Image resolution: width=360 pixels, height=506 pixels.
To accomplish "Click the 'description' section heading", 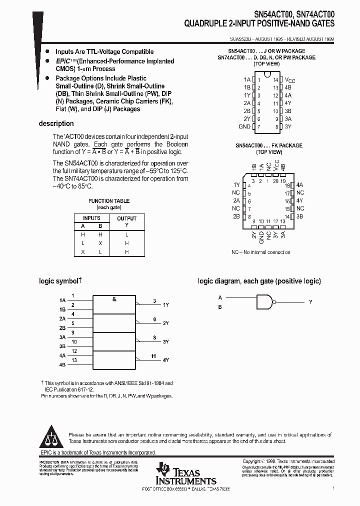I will click(x=56, y=123).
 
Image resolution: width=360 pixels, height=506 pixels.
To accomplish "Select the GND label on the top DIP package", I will click(x=244, y=127).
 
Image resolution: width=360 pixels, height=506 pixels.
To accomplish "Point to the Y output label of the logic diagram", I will click(x=310, y=302).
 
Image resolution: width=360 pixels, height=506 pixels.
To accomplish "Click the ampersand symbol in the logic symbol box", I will click(x=114, y=299).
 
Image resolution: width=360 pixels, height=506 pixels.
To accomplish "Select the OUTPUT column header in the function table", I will click(x=126, y=218).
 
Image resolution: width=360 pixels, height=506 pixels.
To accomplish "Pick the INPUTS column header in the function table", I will click(x=91, y=218).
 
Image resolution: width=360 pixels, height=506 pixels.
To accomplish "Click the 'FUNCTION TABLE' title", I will click(x=108, y=200).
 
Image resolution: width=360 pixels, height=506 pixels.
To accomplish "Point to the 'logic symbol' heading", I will click(x=59, y=281).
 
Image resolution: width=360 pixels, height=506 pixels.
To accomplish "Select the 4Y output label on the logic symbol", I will click(x=165, y=360).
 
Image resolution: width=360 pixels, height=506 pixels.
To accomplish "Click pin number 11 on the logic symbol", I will click(x=154, y=355).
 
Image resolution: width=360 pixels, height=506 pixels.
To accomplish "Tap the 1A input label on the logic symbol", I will click(x=62, y=300).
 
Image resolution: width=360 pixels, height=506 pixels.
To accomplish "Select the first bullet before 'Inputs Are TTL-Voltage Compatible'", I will click(x=47, y=51).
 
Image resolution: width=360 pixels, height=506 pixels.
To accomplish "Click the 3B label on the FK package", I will click(x=299, y=216).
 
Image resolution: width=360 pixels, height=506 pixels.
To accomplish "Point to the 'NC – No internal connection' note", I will click(x=260, y=252).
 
